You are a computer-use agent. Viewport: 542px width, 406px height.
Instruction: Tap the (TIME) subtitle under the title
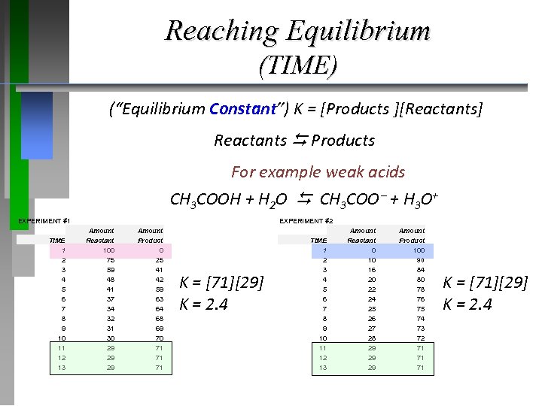coord(297,66)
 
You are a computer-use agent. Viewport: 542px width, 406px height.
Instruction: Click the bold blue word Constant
coord(242,109)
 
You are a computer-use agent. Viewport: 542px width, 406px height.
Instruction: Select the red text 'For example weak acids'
coord(318,172)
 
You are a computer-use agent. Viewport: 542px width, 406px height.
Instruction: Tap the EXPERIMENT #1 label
coord(44,221)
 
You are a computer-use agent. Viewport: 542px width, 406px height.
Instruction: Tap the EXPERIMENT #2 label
coord(306,221)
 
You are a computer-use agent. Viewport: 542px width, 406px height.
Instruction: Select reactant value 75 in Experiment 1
coord(110,260)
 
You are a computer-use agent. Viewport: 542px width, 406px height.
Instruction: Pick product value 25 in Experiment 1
coord(159,260)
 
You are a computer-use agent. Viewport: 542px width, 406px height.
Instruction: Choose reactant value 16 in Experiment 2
coord(371,270)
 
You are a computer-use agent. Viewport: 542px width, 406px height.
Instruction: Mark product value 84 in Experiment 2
coord(420,270)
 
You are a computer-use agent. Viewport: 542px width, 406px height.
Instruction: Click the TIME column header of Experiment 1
coord(57,241)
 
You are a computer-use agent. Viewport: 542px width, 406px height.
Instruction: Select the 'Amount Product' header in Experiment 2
coord(412,235)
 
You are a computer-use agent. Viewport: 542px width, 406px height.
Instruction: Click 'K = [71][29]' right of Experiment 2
coord(486,283)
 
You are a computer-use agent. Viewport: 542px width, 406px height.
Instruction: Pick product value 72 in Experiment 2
coord(420,338)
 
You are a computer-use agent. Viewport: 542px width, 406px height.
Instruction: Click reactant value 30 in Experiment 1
coord(110,338)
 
